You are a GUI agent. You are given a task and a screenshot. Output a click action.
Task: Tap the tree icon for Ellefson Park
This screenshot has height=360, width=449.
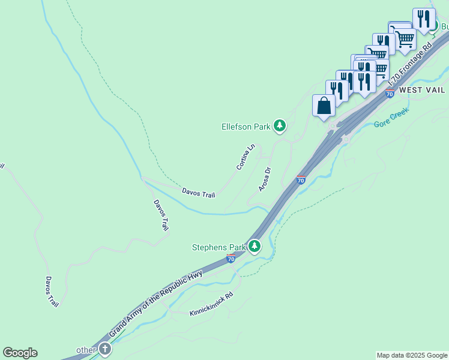coord(279,125)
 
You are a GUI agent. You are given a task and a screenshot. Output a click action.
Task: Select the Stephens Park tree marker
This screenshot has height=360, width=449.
coord(255,246)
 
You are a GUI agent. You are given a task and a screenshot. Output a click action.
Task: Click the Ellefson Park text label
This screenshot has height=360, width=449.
coord(246,127)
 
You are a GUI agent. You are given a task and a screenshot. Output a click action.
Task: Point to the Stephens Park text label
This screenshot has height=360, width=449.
coord(219,247)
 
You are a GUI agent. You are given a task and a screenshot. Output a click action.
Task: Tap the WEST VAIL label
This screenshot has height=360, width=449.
coord(422,90)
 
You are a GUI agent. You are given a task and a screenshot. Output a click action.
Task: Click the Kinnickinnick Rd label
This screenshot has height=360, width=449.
coord(211,305)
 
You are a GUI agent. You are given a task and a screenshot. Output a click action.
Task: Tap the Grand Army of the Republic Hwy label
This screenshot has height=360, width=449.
coord(156,304)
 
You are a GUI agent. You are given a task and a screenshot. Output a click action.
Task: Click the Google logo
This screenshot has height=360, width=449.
coord(20,353)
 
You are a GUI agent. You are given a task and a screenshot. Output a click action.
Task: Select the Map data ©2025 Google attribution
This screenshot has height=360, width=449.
coord(412,355)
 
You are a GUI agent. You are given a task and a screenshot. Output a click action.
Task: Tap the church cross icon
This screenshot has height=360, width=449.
coord(105,349)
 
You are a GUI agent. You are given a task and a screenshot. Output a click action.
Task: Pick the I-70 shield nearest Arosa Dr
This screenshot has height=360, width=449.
coord(301,179)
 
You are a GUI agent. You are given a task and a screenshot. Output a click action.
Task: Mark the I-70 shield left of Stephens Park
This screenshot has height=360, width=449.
coord(231,259)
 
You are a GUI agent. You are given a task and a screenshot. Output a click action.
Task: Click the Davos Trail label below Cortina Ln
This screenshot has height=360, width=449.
coord(197,193)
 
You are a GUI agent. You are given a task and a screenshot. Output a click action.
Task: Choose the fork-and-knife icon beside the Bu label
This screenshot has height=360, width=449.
coord(424,19)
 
